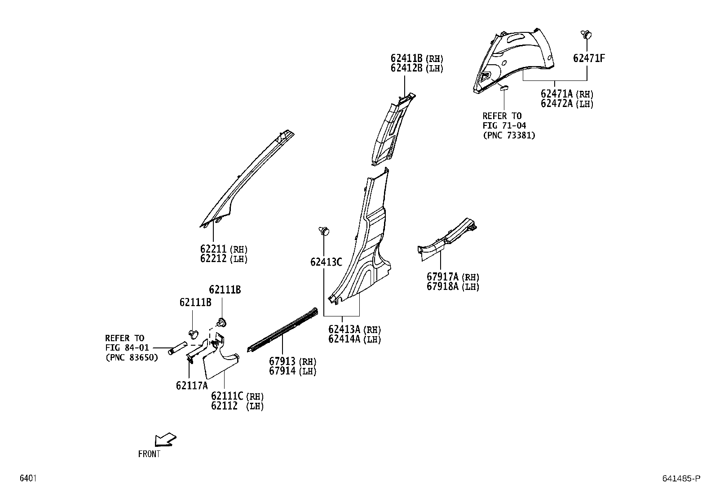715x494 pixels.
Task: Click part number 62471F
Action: pyautogui.click(x=589, y=58)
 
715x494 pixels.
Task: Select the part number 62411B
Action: pyautogui.click(x=406, y=58)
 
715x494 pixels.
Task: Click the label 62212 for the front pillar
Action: pyautogui.click(x=214, y=259)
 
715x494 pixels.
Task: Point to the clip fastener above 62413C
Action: pyautogui.click(x=324, y=231)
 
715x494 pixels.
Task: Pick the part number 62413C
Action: pyautogui.click(x=326, y=262)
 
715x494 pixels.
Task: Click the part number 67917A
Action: pyautogui.click(x=442, y=277)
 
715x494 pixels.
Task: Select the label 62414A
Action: pyautogui.click(x=344, y=339)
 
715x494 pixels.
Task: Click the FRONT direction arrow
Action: pyautogui.click(x=164, y=440)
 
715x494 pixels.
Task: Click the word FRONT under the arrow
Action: pyautogui.click(x=149, y=454)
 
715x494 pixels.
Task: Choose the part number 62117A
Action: pyautogui.click(x=192, y=386)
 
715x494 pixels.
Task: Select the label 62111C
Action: pyautogui.click(x=227, y=396)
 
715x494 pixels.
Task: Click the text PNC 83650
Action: pyautogui.click(x=132, y=358)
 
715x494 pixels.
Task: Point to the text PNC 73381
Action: pyautogui.click(x=509, y=135)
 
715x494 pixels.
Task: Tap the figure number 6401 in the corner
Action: pyautogui.click(x=27, y=478)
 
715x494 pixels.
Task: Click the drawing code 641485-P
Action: pyautogui.click(x=681, y=479)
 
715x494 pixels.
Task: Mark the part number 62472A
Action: pyautogui.click(x=557, y=104)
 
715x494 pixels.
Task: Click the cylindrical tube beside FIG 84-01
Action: pyautogui.click(x=178, y=348)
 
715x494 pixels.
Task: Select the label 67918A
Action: pyautogui.click(x=442, y=287)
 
